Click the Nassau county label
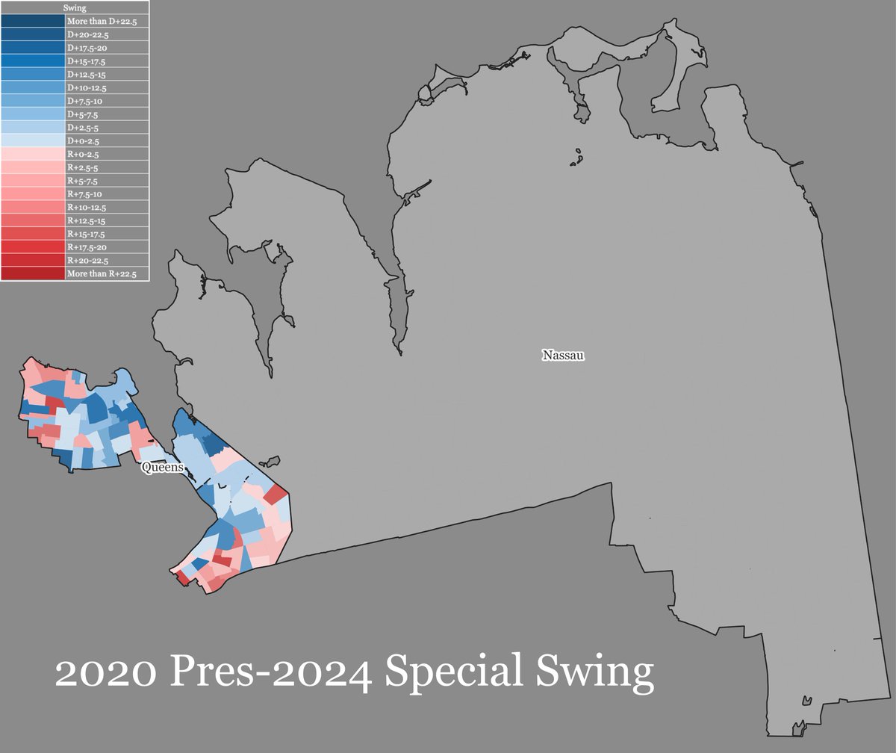(x=563, y=356)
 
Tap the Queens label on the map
(x=162, y=468)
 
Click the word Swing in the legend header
(x=75, y=8)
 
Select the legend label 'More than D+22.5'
(x=97, y=22)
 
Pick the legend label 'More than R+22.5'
(x=96, y=274)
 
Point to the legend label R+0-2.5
(x=83, y=154)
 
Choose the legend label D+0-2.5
(x=83, y=140)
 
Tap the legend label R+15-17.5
(x=87, y=234)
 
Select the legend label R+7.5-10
(x=84, y=194)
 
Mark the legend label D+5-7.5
(x=83, y=114)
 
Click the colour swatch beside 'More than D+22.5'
(x=33, y=22)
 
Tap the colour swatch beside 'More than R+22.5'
(x=33, y=274)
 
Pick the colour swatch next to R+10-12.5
(x=33, y=207)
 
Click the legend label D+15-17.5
(x=87, y=61)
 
